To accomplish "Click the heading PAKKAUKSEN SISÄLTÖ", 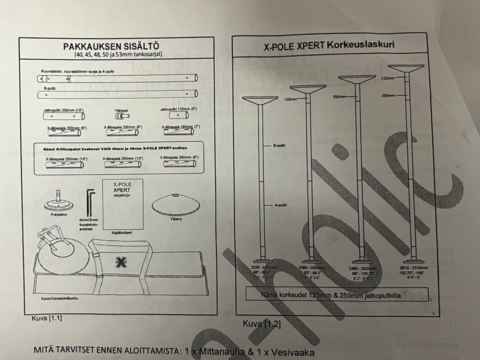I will coord(117,46).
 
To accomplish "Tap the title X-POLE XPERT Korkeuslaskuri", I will coord(329,45).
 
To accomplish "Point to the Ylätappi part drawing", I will coord(119,116).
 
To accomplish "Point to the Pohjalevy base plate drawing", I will coord(59,203).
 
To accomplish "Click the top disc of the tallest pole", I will coord(405,67).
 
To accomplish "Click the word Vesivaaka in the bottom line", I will coord(289,351).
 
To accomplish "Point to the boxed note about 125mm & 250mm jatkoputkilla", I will coord(332,294).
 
